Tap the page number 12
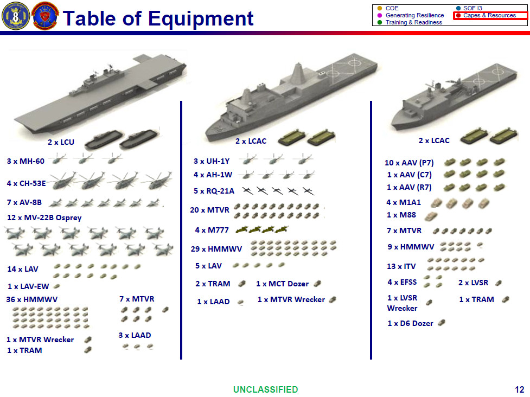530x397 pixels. pos(519,389)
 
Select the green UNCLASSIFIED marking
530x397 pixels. pos(265,389)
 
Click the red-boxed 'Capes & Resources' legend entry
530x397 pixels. pos(490,16)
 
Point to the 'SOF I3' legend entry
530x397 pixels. pos(472,8)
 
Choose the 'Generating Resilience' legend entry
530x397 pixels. pos(414,16)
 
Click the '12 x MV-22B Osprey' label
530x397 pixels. pos(44,217)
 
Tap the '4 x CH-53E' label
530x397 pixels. pos(26,183)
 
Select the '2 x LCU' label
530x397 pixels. pos(61,143)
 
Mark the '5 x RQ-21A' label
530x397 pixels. pos(214,191)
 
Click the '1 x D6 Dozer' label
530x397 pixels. pos(410,323)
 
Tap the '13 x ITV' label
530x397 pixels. pos(401,266)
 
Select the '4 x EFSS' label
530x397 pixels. pos(401,282)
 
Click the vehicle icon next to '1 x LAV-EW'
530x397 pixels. pos(56,286)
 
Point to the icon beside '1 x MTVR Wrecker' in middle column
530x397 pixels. pos(333,299)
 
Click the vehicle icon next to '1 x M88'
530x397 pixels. pos(430,216)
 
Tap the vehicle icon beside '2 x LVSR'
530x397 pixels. pos(499,283)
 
